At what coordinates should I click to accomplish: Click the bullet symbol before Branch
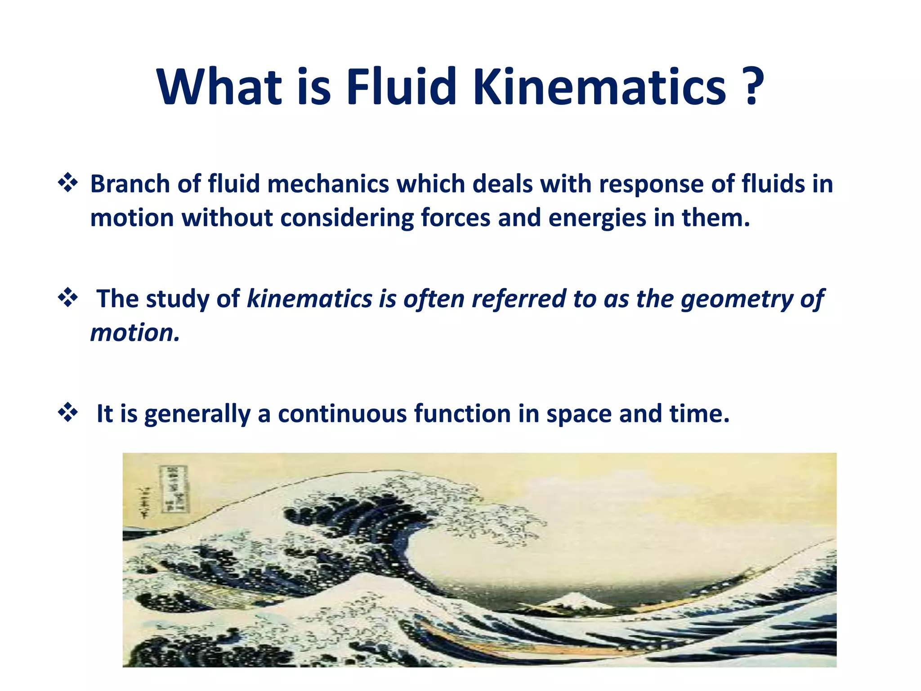tap(68, 183)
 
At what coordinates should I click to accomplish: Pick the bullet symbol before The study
tap(68, 297)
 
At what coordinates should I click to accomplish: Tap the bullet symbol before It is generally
tap(68, 412)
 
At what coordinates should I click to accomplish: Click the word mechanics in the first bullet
tap(328, 184)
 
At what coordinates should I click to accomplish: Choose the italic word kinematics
tap(310, 299)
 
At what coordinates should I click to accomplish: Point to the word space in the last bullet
tap(579, 414)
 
